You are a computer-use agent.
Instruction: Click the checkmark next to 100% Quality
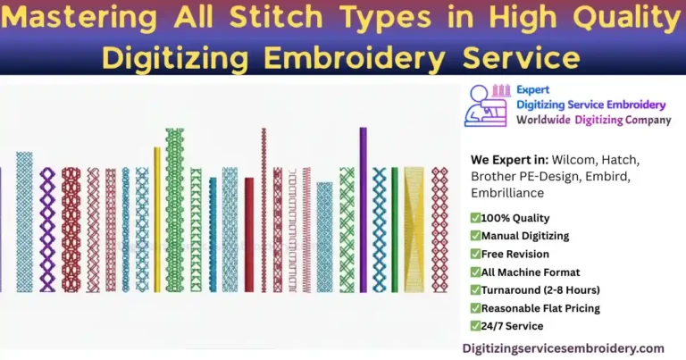[475, 218]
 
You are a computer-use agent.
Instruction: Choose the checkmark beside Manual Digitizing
[475, 236]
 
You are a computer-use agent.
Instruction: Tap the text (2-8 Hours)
[573, 290]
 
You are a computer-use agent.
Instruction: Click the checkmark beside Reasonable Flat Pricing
[475, 308]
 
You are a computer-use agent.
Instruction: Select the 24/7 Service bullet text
[512, 326]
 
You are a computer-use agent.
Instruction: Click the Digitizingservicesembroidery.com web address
[563, 347]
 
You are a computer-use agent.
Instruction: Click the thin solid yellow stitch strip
[158, 218]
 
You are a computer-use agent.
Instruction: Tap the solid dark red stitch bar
[249, 234]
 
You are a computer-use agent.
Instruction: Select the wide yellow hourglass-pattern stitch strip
[414, 229]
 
